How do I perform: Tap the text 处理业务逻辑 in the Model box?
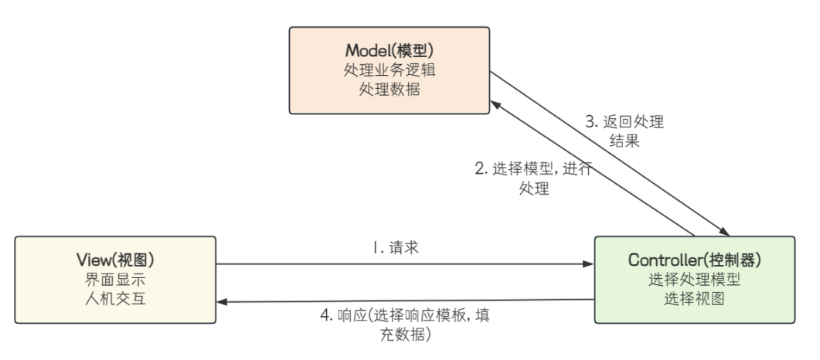coord(390,70)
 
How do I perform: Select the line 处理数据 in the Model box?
coord(390,88)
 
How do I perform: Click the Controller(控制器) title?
coord(694,260)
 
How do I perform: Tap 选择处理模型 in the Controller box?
coord(694,279)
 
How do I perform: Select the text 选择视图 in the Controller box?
coord(694,298)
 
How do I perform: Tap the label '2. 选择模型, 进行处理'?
coord(533,178)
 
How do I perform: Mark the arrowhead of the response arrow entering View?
coord(223,302)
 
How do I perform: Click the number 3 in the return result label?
coord(589,122)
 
